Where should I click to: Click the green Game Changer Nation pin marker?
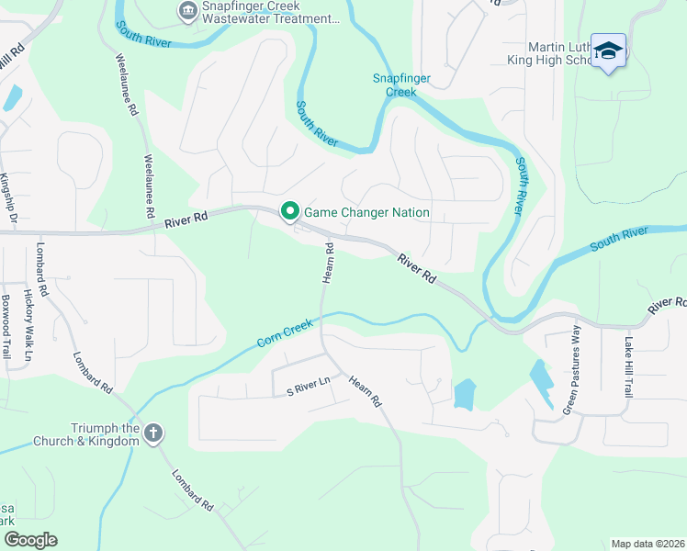290,212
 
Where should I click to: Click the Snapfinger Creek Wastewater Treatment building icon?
188,11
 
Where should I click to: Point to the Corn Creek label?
286,332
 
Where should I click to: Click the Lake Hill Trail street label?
628,367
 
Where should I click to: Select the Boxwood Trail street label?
6,324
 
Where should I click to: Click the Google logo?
30,540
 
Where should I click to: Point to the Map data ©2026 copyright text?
647,544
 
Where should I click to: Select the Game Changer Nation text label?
366,212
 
